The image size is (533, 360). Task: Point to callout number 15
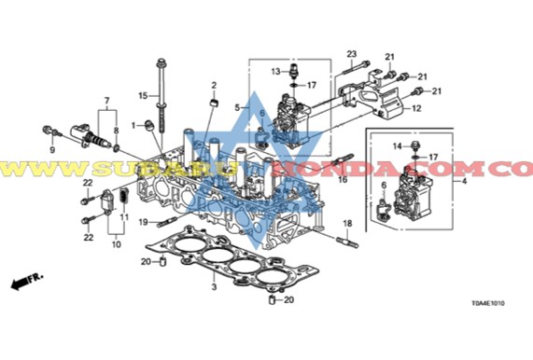tap(145, 95)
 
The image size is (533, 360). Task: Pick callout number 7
tap(106, 100)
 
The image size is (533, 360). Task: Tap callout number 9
tap(52, 148)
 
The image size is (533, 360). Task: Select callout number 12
tap(417, 109)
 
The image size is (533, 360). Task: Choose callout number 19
tap(144, 220)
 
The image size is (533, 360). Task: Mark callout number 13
tap(277, 71)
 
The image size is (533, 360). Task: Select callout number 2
tap(213, 86)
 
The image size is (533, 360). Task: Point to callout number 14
tap(396, 146)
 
